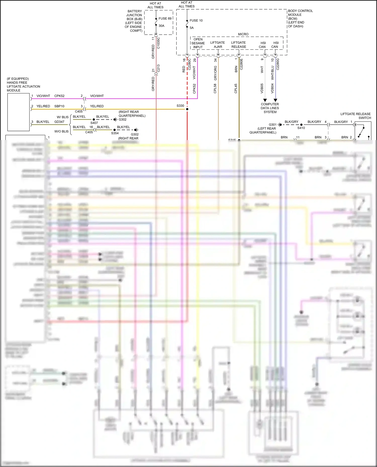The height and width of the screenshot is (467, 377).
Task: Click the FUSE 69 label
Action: point(165,19)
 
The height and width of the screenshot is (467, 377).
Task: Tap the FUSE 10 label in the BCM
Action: point(196,21)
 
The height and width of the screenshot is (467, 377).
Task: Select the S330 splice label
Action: point(180,106)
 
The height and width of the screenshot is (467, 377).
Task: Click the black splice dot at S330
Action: point(187,109)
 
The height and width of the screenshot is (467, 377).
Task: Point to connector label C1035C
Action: point(158,43)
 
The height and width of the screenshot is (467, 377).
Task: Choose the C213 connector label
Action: point(158,68)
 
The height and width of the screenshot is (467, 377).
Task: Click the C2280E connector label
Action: point(241,64)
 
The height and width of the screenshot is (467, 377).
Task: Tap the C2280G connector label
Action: point(278,64)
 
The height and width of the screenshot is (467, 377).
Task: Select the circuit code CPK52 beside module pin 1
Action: point(59,96)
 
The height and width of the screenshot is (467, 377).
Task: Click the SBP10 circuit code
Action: point(59,106)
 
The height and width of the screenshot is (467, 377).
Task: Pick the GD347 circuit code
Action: point(59,122)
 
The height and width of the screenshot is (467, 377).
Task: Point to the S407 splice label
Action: point(94,123)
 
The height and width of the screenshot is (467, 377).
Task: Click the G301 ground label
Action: point(272,124)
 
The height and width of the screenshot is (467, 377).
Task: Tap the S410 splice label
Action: point(301,128)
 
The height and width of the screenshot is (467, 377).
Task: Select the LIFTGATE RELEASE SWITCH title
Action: point(355,116)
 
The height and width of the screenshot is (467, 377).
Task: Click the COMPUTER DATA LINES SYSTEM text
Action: point(270,108)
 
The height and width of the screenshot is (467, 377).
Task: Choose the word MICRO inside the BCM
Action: point(243,34)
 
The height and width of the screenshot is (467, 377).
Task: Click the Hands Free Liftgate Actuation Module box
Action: point(18,112)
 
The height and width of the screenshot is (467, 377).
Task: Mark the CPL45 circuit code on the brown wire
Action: point(236,89)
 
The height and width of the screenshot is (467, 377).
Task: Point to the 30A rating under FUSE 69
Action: point(161,26)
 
